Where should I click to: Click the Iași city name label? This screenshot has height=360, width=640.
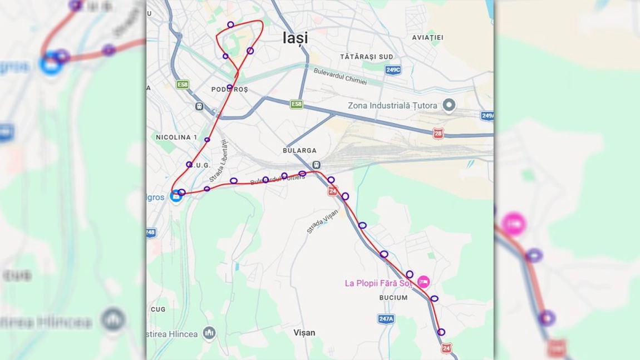295,38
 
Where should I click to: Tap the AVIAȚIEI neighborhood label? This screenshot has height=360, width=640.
427,38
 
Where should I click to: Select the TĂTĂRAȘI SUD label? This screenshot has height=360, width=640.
366,57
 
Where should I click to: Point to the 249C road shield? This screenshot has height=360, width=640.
393,70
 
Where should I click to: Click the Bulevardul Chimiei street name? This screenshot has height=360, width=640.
340,76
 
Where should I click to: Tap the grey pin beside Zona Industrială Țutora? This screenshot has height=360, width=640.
449,105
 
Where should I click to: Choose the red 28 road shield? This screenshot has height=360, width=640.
438,134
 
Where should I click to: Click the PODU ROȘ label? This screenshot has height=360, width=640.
229,90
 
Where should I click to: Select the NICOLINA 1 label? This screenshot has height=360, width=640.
176,137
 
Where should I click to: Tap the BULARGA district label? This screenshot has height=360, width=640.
299,151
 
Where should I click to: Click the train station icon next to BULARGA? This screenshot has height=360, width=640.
316,165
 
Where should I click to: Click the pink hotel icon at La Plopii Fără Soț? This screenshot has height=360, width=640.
424,282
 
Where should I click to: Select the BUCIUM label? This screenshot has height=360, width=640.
393,298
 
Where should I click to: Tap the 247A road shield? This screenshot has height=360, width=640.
386,319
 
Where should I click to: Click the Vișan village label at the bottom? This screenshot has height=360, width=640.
304,333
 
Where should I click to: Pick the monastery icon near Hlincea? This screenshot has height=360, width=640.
209,333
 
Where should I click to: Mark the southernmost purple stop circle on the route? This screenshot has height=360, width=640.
441,332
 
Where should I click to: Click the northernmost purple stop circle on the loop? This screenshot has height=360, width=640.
230,24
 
